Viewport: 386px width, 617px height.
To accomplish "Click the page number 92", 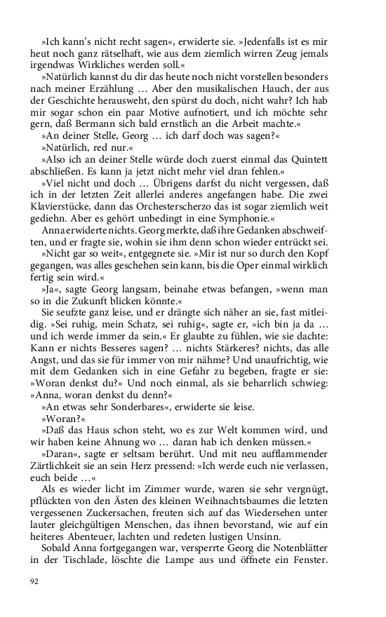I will [34, 581].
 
